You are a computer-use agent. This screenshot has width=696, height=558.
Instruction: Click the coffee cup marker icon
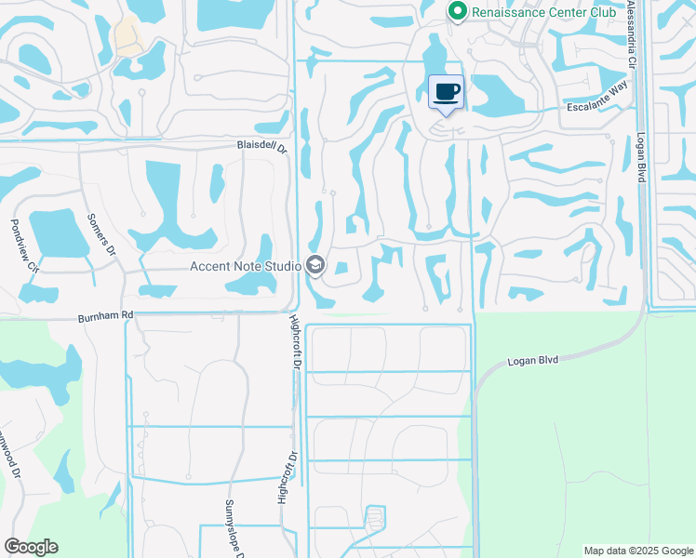pos(447,92)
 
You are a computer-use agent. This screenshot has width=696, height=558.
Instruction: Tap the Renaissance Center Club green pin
pos(457,11)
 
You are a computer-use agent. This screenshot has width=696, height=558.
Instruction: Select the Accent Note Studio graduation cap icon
pos(315,267)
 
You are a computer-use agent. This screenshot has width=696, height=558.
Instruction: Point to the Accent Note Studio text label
pos(245,267)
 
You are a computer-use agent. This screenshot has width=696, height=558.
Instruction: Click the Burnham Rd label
pos(105,315)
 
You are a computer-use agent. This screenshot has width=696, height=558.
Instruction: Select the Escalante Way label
pos(599,107)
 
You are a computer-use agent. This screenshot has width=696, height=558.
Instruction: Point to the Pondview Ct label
pos(22,246)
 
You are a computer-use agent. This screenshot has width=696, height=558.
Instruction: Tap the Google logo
pos(31,547)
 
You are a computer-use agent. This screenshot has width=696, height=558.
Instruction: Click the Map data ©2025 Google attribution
pos(637,551)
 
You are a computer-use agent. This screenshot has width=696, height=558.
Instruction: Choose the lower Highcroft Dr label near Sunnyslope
pos(284,477)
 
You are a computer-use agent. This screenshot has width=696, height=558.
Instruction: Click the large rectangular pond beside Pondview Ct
pos(58,233)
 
